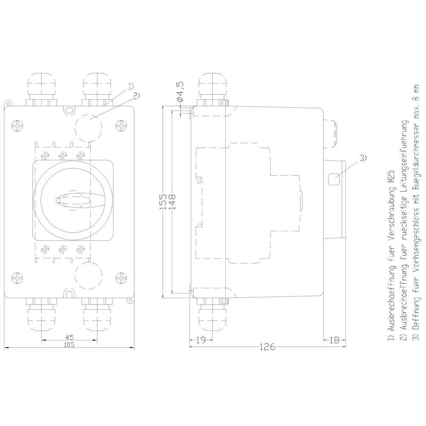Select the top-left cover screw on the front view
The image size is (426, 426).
[18, 126]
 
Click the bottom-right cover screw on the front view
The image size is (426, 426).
[122, 278]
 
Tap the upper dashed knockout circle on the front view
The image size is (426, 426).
[89, 127]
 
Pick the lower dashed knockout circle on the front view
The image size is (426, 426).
[89, 275]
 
